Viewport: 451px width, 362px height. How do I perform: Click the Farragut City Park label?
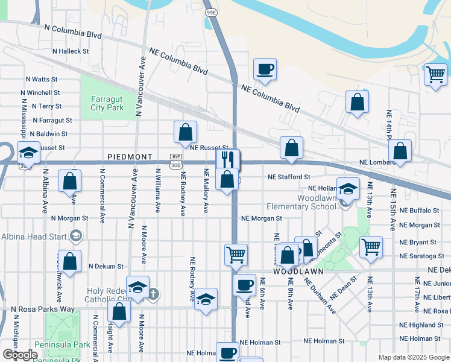(107, 103)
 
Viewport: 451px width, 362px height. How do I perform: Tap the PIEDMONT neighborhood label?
(130, 157)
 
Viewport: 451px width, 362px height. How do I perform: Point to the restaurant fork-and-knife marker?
(227, 159)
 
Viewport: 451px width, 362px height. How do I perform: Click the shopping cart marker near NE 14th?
(435, 75)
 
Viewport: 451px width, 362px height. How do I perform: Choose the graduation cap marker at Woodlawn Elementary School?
(347, 189)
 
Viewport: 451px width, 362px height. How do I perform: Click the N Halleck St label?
(71, 51)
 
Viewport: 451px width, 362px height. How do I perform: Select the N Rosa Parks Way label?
(43, 310)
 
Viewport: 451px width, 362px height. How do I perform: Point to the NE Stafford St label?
(289, 177)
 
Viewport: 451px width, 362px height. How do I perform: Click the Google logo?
(19, 355)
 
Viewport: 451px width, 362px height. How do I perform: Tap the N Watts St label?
(41, 79)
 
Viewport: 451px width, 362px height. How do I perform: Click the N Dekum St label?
(106, 266)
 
